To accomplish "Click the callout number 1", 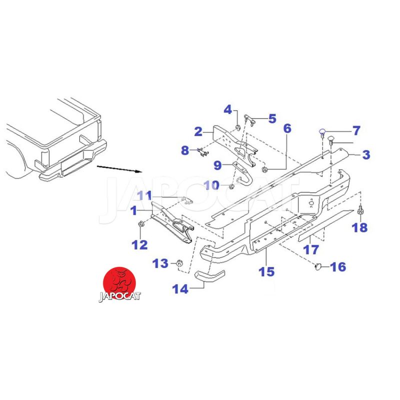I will [133, 211].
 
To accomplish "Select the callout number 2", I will [198, 131].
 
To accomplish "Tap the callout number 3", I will [366, 155].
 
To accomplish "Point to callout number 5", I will [272, 118].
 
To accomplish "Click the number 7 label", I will [356, 131].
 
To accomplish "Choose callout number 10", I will [211, 185].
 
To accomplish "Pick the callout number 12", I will [139, 244].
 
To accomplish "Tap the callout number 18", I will [359, 227].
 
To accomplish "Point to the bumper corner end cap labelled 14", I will [210, 276].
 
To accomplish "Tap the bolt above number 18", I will [359, 211].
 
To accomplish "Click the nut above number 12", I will [141, 223].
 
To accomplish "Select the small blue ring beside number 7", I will [323, 132].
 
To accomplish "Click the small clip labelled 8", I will [202, 151].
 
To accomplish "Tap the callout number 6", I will [287, 128].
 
